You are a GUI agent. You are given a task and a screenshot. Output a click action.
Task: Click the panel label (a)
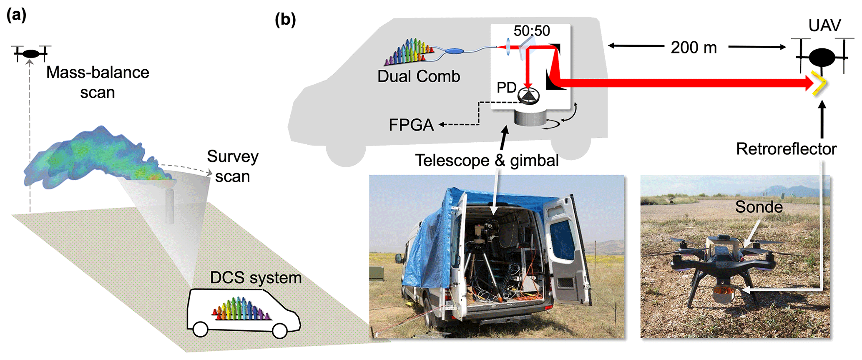coord(16,15)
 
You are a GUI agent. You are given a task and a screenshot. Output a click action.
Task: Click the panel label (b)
coord(285,20)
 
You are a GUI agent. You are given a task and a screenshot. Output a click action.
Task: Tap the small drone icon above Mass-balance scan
coord(31,53)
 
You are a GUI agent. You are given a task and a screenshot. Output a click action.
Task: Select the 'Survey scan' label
coord(232,166)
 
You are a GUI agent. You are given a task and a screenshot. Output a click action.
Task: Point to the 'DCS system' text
coord(256,278)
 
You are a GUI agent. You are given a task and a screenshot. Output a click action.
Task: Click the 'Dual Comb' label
coord(419,76)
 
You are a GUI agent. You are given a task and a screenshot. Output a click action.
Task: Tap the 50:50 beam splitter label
coord(531,31)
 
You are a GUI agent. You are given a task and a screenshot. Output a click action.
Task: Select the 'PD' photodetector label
coord(506,88)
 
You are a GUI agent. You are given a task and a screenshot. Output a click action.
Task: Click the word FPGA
coord(411,125)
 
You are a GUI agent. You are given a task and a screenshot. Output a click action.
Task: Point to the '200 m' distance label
coord(694,48)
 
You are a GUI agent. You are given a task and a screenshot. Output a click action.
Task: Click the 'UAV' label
coord(824,26)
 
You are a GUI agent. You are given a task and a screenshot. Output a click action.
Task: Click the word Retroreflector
coord(786,149)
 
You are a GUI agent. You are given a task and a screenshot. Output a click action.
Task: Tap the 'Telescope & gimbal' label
coord(487,160)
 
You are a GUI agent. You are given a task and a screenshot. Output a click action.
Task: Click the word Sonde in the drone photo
coord(759,207)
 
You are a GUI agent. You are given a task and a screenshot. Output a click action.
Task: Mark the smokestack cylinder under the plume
coord(169,206)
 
